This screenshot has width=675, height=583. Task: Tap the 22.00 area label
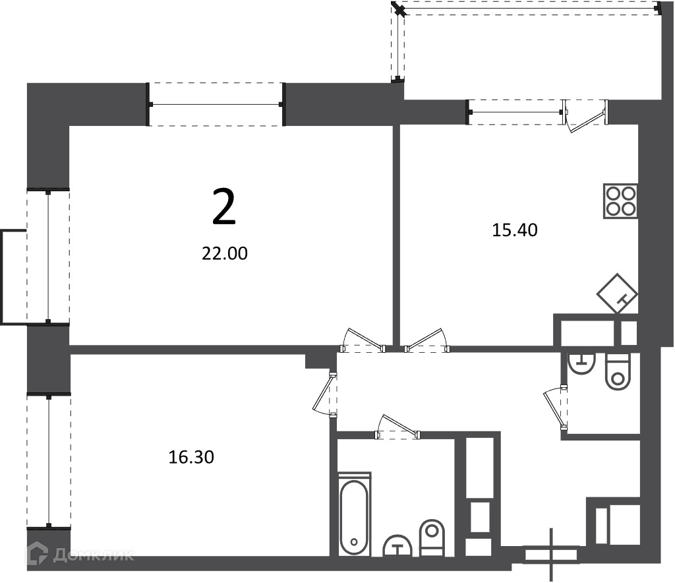click(225, 254)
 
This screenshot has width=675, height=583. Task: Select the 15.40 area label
click(514, 230)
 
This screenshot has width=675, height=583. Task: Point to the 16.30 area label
click(191, 457)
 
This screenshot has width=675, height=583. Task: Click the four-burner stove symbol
click(620, 202)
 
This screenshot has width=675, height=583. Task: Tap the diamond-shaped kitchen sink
click(617, 294)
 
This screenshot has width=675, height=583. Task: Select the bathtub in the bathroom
click(354, 513)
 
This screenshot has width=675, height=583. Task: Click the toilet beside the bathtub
click(432, 537)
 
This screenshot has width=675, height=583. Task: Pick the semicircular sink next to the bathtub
click(397, 545)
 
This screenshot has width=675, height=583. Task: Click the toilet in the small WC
click(618, 371)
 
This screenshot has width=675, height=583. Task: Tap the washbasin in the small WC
click(581, 363)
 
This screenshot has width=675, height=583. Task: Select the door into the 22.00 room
click(363, 340)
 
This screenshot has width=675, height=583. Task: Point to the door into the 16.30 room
click(324, 394)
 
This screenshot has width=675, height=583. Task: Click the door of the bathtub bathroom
click(397, 427)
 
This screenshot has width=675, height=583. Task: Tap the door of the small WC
click(555, 407)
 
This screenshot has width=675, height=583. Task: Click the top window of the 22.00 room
click(216, 104)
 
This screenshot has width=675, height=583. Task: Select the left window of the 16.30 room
click(48, 461)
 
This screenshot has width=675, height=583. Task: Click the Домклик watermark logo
click(80, 555)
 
